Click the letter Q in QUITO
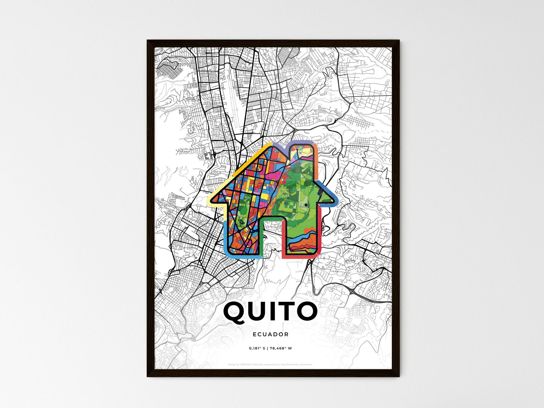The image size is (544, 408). [x=236, y=312]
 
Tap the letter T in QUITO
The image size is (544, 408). [x=286, y=312]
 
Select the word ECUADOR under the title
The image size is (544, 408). [x=271, y=334]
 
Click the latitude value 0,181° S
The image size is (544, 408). [x=258, y=349]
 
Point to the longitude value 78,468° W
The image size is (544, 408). [x=281, y=349]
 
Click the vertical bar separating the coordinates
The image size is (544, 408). [x=268, y=349]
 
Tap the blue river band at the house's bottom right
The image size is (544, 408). [x=307, y=237]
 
